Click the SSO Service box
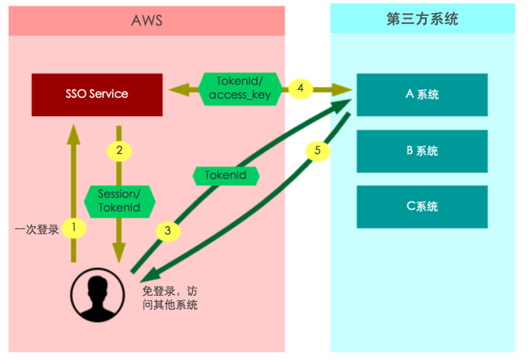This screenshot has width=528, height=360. [97, 94]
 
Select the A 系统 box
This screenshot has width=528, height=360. [422, 94]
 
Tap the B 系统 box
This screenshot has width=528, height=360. [422, 151]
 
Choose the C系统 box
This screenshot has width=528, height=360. [422, 207]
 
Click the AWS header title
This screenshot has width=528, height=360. [146, 20]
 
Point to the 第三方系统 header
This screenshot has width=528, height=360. [422, 20]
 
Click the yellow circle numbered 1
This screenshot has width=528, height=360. [75, 227]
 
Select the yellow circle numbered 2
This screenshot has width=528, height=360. [119, 151]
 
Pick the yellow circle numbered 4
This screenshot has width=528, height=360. [301, 88]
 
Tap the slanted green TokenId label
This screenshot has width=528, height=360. [225, 176]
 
